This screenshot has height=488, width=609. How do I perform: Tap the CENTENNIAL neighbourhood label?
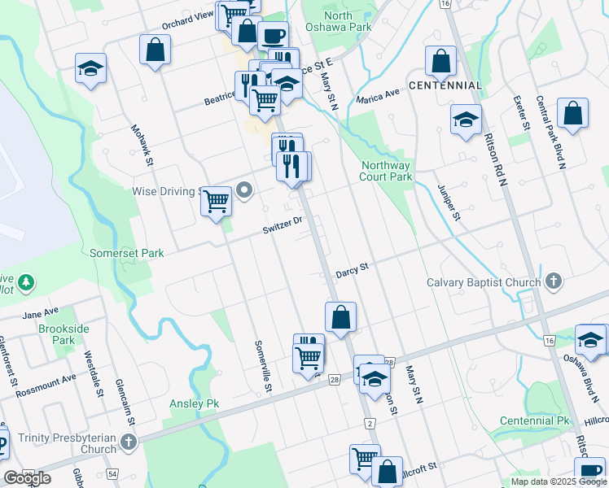(445, 85)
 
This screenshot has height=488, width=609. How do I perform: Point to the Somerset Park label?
(127, 253)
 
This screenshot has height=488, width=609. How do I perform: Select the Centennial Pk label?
(535, 420)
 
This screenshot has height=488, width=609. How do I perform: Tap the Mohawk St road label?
(144, 143)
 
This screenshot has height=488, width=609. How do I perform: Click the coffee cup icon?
(273, 35)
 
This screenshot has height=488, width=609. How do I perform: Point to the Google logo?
(28, 478)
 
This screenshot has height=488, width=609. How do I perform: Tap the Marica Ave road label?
(378, 96)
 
